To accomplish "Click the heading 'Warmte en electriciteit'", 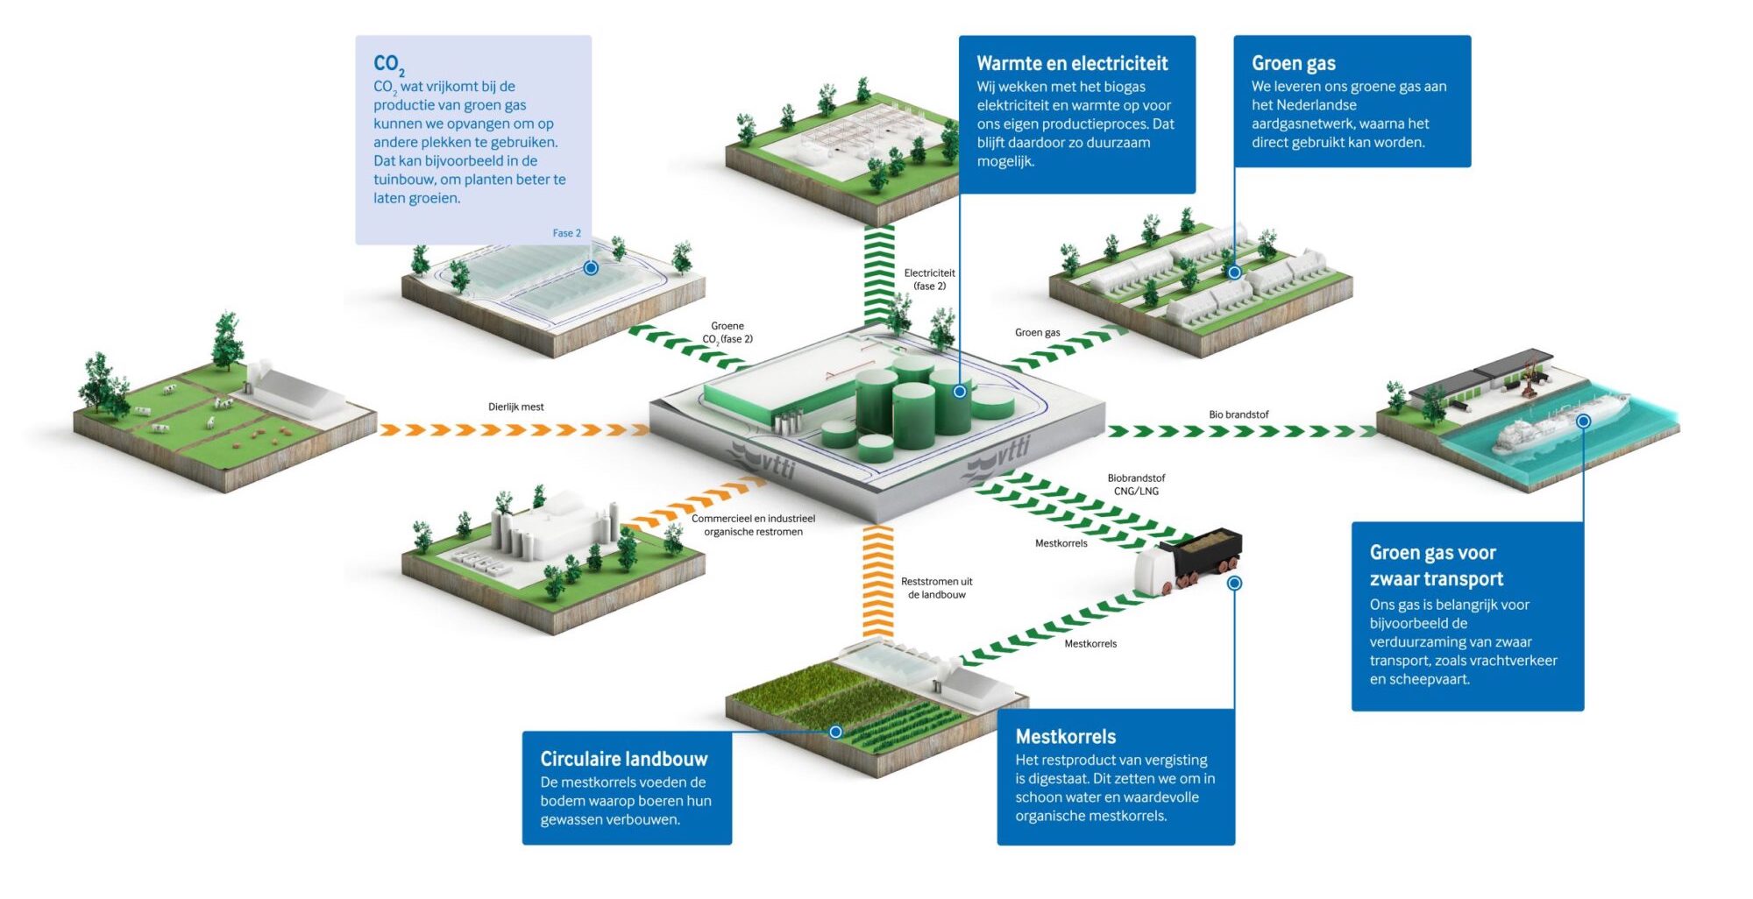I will pos(1071,63).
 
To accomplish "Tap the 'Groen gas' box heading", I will pos(1293,63).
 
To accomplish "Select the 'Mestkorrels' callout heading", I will pos(1065,737).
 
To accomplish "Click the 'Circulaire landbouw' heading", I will pos(623,759).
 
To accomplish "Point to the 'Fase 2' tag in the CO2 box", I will pos(566,233).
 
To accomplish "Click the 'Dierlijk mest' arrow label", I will pos(515,407).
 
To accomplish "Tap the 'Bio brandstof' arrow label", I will pos(1238,414).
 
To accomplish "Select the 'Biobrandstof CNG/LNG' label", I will pos(1136,485).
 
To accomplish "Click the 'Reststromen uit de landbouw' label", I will pos(936,588).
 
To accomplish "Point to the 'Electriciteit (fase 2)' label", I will pos(929,280).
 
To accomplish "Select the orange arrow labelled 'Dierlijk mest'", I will pos(513,430).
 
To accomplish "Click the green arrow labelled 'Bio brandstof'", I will pos(1240,431).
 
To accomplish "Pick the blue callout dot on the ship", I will pos(1583,421).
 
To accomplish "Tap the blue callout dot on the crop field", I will pos(835,732).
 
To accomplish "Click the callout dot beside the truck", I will pos(1234,583).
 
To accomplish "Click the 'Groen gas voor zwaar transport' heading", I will pos(1436,565).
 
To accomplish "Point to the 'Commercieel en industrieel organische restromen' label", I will pos(753,525).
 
